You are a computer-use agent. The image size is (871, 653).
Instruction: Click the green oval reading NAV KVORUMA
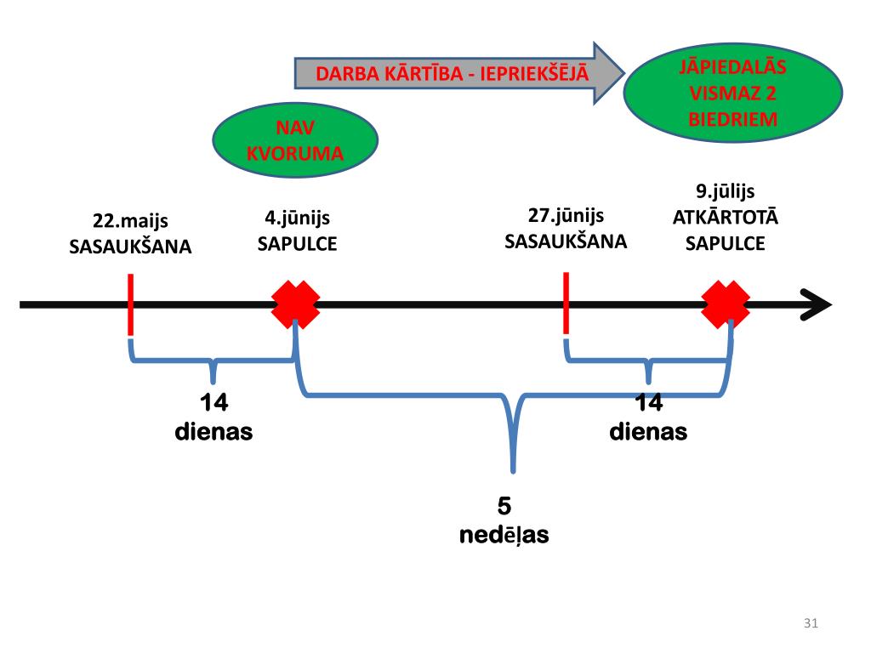click(294, 140)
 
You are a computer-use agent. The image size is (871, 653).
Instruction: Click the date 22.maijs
click(130, 222)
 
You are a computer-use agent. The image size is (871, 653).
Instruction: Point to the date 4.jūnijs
click(297, 219)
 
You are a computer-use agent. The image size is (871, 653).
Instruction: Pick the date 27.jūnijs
click(566, 215)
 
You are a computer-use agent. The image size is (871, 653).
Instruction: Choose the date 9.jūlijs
click(725, 191)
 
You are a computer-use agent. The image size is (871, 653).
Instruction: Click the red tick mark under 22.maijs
click(130, 304)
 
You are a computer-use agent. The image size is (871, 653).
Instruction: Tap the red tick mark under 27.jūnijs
click(566, 304)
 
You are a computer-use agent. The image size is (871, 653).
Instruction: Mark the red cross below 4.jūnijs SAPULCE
click(295, 304)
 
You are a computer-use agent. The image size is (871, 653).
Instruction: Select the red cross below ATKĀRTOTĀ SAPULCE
click(726, 304)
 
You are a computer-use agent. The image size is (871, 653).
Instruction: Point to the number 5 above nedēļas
click(504, 507)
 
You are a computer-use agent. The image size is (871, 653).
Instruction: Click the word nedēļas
click(504, 537)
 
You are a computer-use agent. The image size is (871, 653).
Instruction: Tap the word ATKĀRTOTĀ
click(725, 218)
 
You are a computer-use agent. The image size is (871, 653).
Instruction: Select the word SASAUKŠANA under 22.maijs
click(130, 247)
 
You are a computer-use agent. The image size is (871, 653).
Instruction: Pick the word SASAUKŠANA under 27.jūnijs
click(566, 241)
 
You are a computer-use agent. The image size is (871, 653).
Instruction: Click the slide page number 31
click(810, 625)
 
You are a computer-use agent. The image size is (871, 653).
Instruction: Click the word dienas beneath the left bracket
click(213, 432)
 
